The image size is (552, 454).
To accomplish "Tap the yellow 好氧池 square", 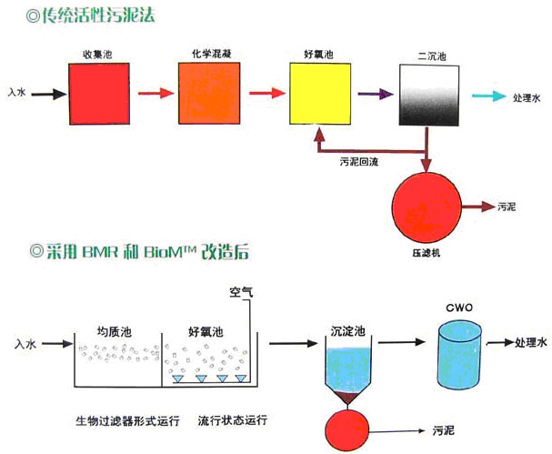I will click(x=318, y=93).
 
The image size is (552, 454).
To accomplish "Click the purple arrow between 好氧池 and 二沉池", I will click(x=373, y=94).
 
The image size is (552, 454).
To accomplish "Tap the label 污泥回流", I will click(x=359, y=160).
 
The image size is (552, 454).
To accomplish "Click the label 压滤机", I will click(x=426, y=252).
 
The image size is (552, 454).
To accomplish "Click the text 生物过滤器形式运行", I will click(x=127, y=421).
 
